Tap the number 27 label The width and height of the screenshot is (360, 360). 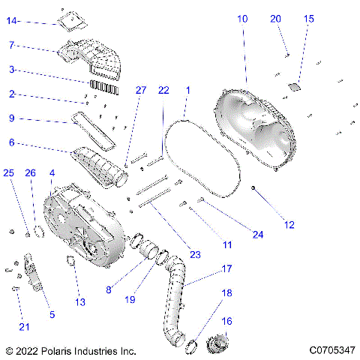pyautogui.click(x=140, y=90)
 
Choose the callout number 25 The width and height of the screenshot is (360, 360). pyautogui.click(x=9, y=173)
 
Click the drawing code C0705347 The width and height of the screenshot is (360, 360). pyautogui.click(x=331, y=350)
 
